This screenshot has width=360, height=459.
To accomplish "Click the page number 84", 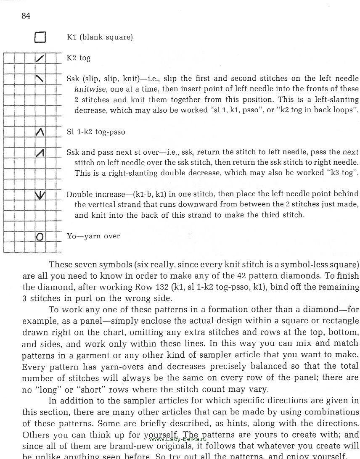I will click(x=26, y=16).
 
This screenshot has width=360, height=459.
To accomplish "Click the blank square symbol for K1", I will click(x=40, y=38).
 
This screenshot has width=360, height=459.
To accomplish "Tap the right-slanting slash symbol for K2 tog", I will click(x=40, y=58).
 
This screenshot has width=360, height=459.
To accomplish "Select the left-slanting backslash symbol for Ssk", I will click(x=40, y=79).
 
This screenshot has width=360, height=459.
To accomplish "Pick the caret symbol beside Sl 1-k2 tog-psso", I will click(x=40, y=132).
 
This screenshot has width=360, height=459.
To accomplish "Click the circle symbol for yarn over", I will click(x=40, y=237).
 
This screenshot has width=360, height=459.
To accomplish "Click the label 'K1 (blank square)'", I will click(x=100, y=37).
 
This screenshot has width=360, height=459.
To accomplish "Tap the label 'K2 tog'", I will click(x=79, y=58).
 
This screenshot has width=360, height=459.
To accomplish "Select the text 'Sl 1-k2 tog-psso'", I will click(x=96, y=132).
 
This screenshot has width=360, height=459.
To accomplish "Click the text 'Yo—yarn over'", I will click(x=93, y=236).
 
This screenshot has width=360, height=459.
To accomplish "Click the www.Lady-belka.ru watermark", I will click(x=177, y=439).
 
